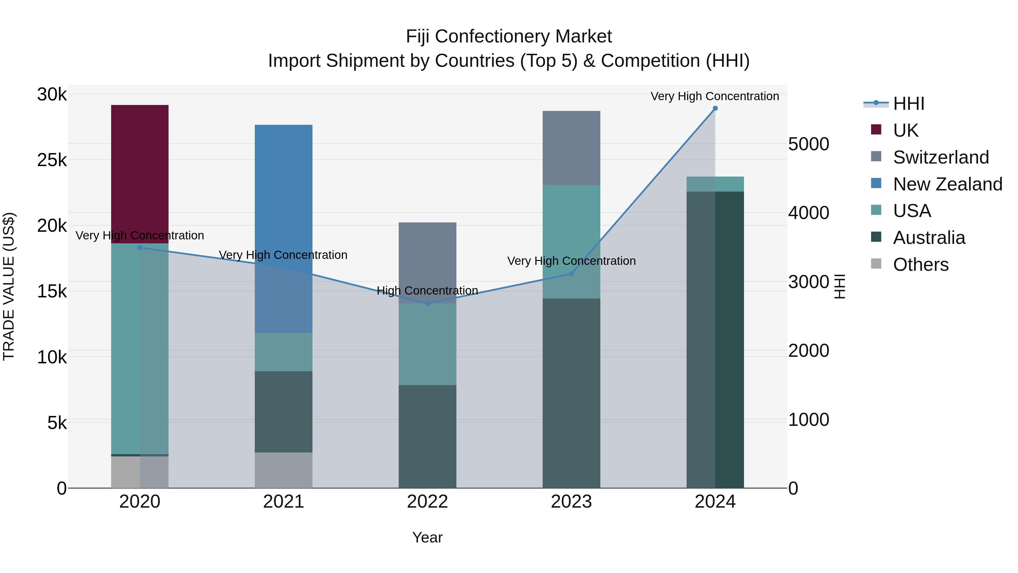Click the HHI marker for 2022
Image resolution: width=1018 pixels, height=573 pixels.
pyautogui.click(x=427, y=303)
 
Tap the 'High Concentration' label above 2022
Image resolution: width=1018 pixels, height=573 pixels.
pyautogui.click(x=427, y=291)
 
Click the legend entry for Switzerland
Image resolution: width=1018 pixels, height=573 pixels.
pyautogui.click(x=941, y=157)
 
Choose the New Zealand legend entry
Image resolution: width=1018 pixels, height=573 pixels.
pyautogui.click(x=947, y=184)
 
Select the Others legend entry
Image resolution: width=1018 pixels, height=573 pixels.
pyautogui.click(x=920, y=265)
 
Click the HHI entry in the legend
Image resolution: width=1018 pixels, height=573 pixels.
pyautogui.click(x=908, y=104)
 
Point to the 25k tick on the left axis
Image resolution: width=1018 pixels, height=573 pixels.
pyautogui.click(x=52, y=160)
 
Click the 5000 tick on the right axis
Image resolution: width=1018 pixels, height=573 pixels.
pyautogui.click(x=808, y=144)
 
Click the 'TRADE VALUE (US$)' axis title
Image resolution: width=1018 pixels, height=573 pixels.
pyautogui.click(x=9, y=286)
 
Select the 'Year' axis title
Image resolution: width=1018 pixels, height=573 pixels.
pyautogui.click(x=427, y=537)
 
